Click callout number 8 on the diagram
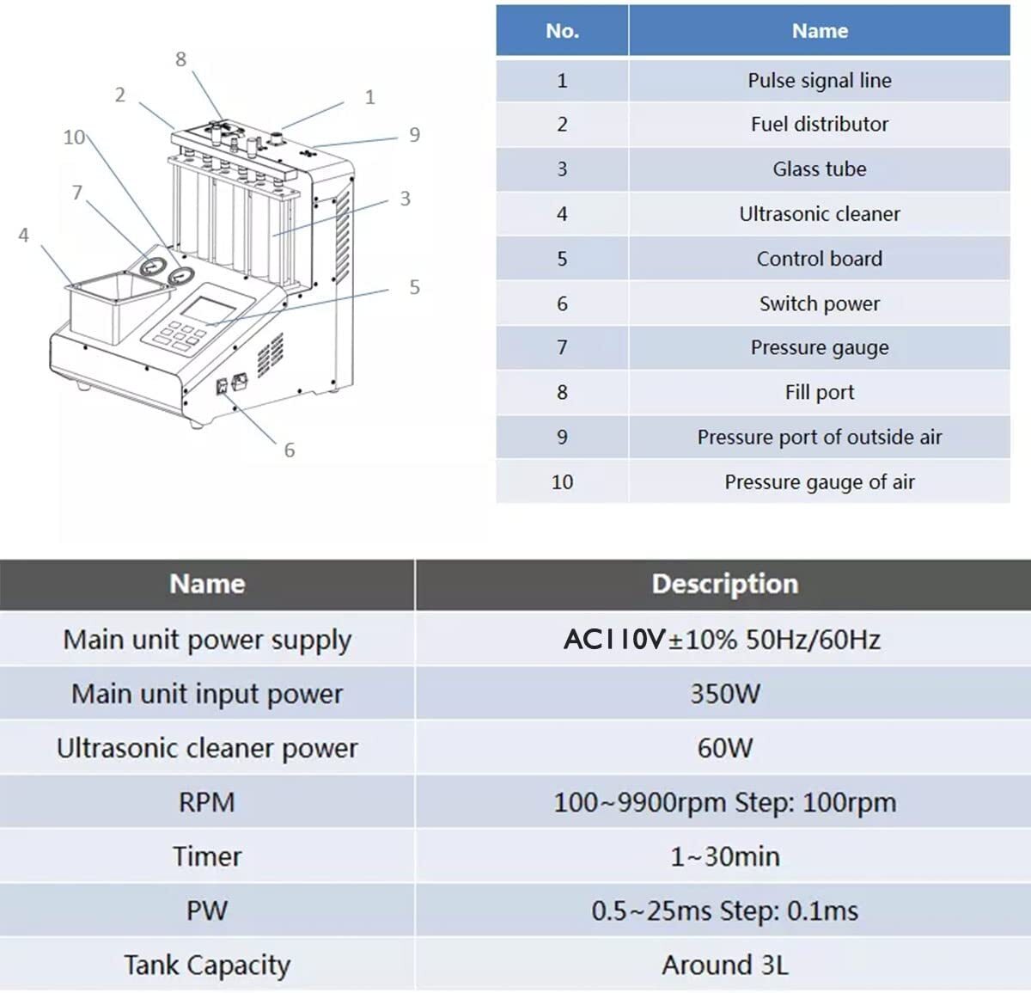point(180,59)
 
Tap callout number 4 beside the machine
point(23,235)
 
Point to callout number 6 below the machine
point(290,450)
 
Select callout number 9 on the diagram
point(414,134)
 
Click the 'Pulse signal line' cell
point(819,80)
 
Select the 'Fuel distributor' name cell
point(819,124)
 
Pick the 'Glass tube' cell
point(819,169)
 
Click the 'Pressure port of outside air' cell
point(819,437)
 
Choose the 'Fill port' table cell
point(819,392)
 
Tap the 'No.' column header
point(562,31)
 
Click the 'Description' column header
point(724,584)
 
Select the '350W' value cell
point(724,694)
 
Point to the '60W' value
point(724,748)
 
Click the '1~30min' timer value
point(724,856)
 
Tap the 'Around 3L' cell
point(724,965)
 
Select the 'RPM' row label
point(206,802)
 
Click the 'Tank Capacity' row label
point(206,965)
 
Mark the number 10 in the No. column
point(562,481)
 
